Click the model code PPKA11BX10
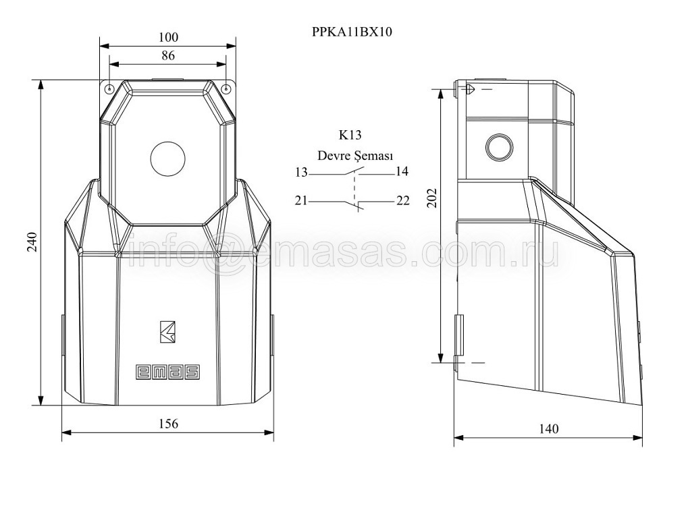pyautogui.click(x=352, y=32)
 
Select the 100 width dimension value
pyautogui.click(x=168, y=37)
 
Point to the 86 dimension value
pyautogui.click(x=168, y=56)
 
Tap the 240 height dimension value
pyautogui.click(x=32, y=242)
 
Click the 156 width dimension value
pyautogui.click(x=168, y=424)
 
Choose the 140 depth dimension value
pyautogui.click(x=548, y=428)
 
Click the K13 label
pyautogui.click(x=350, y=135)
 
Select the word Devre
pyautogui.click(x=330, y=156)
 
